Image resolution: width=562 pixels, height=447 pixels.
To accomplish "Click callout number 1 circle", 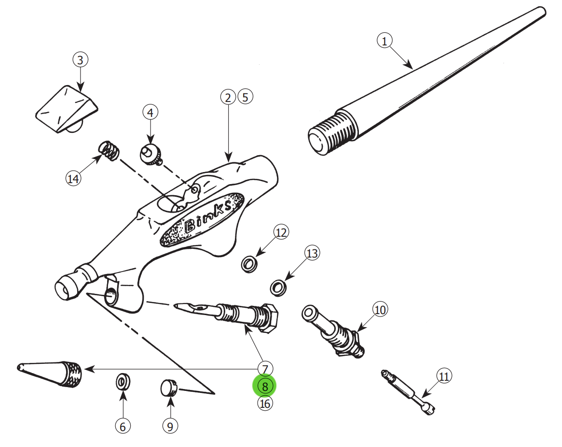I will coord(384,42).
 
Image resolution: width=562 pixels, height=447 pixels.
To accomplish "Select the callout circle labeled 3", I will coord(80,60).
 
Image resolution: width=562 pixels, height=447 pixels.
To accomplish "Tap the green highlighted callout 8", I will coord(265,386).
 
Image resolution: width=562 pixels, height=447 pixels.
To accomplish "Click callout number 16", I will coord(265,403).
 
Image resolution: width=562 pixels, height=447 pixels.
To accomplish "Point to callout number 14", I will coord(73,179).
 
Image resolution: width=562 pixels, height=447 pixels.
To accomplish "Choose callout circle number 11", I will coord(444,376).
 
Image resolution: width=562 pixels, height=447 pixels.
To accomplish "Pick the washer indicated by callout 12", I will coord(249,264).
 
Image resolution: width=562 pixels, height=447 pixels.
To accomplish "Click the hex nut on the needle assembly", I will coord(269,318).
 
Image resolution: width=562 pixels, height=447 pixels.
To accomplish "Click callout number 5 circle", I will coord(245,97).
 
